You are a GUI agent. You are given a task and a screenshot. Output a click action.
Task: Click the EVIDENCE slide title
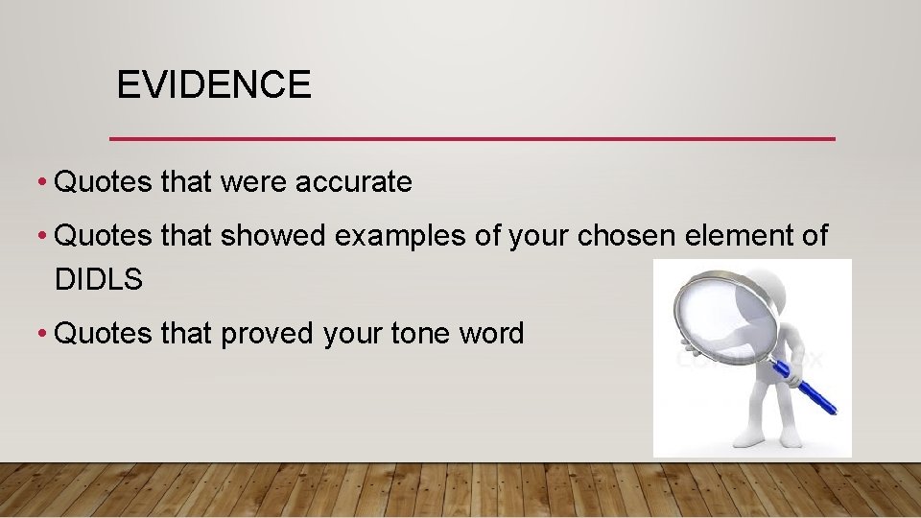tap(213, 85)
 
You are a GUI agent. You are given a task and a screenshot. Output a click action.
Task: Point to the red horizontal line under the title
tap(472, 139)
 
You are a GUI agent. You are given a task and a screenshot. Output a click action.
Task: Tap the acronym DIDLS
tap(99, 280)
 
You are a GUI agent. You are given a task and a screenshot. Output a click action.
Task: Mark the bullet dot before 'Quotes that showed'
tap(43, 237)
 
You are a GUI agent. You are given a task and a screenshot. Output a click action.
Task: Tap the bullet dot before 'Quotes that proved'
tap(43, 335)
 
